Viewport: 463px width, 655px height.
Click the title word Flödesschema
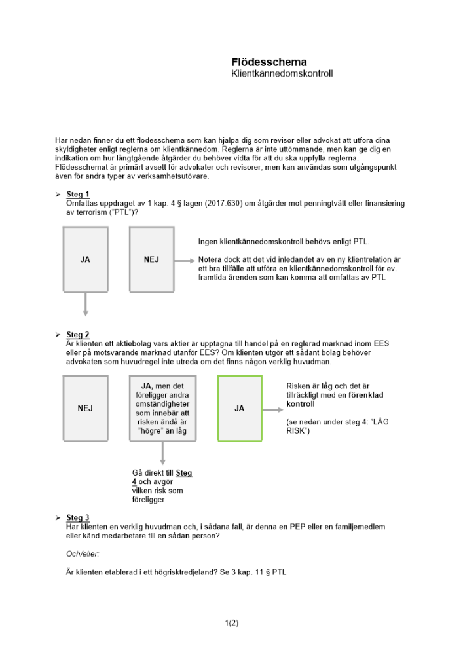[x=269, y=62]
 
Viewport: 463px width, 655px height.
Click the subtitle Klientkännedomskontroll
[x=282, y=74]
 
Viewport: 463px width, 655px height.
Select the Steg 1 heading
[x=78, y=195]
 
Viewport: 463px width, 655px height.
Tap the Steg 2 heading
[x=78, y=335]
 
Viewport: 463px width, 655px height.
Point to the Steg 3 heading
[x=78, y=518]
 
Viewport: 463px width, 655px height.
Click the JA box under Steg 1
[x=85, y=259]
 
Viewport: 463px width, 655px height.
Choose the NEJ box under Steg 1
[x=151, y=259]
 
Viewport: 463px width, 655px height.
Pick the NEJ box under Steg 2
[x=85, y=408]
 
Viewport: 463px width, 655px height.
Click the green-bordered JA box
[x=240, y=408]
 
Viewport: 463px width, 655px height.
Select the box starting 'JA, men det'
[x=162, y=408]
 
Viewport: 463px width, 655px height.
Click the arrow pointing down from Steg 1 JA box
[x=85, y=304]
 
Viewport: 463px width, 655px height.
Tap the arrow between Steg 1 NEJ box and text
[x=185, y=260]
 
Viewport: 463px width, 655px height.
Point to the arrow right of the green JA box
[x=273, y=409]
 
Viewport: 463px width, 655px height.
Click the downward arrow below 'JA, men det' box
[x=162, y=453]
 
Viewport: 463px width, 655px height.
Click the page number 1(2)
[x=231, y=624]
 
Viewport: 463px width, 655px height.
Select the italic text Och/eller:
[x=83, y=554]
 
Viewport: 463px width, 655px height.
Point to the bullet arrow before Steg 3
[x=58, y=518]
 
